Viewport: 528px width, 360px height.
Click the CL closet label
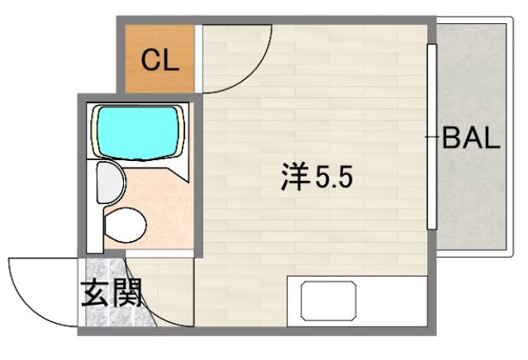[x=159, y=60]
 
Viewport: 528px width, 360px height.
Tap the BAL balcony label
[x=471, y=138]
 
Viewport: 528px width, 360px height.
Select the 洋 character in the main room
[x=294, y=178]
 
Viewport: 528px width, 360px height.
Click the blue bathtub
[x=139, y=130]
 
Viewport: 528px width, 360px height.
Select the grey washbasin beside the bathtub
[x=107, y=182]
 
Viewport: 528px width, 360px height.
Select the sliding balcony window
[x=430, y=137]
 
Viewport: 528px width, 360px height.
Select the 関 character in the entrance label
[x=128, y=293]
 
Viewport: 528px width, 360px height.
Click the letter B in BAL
[x=452, y=138]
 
